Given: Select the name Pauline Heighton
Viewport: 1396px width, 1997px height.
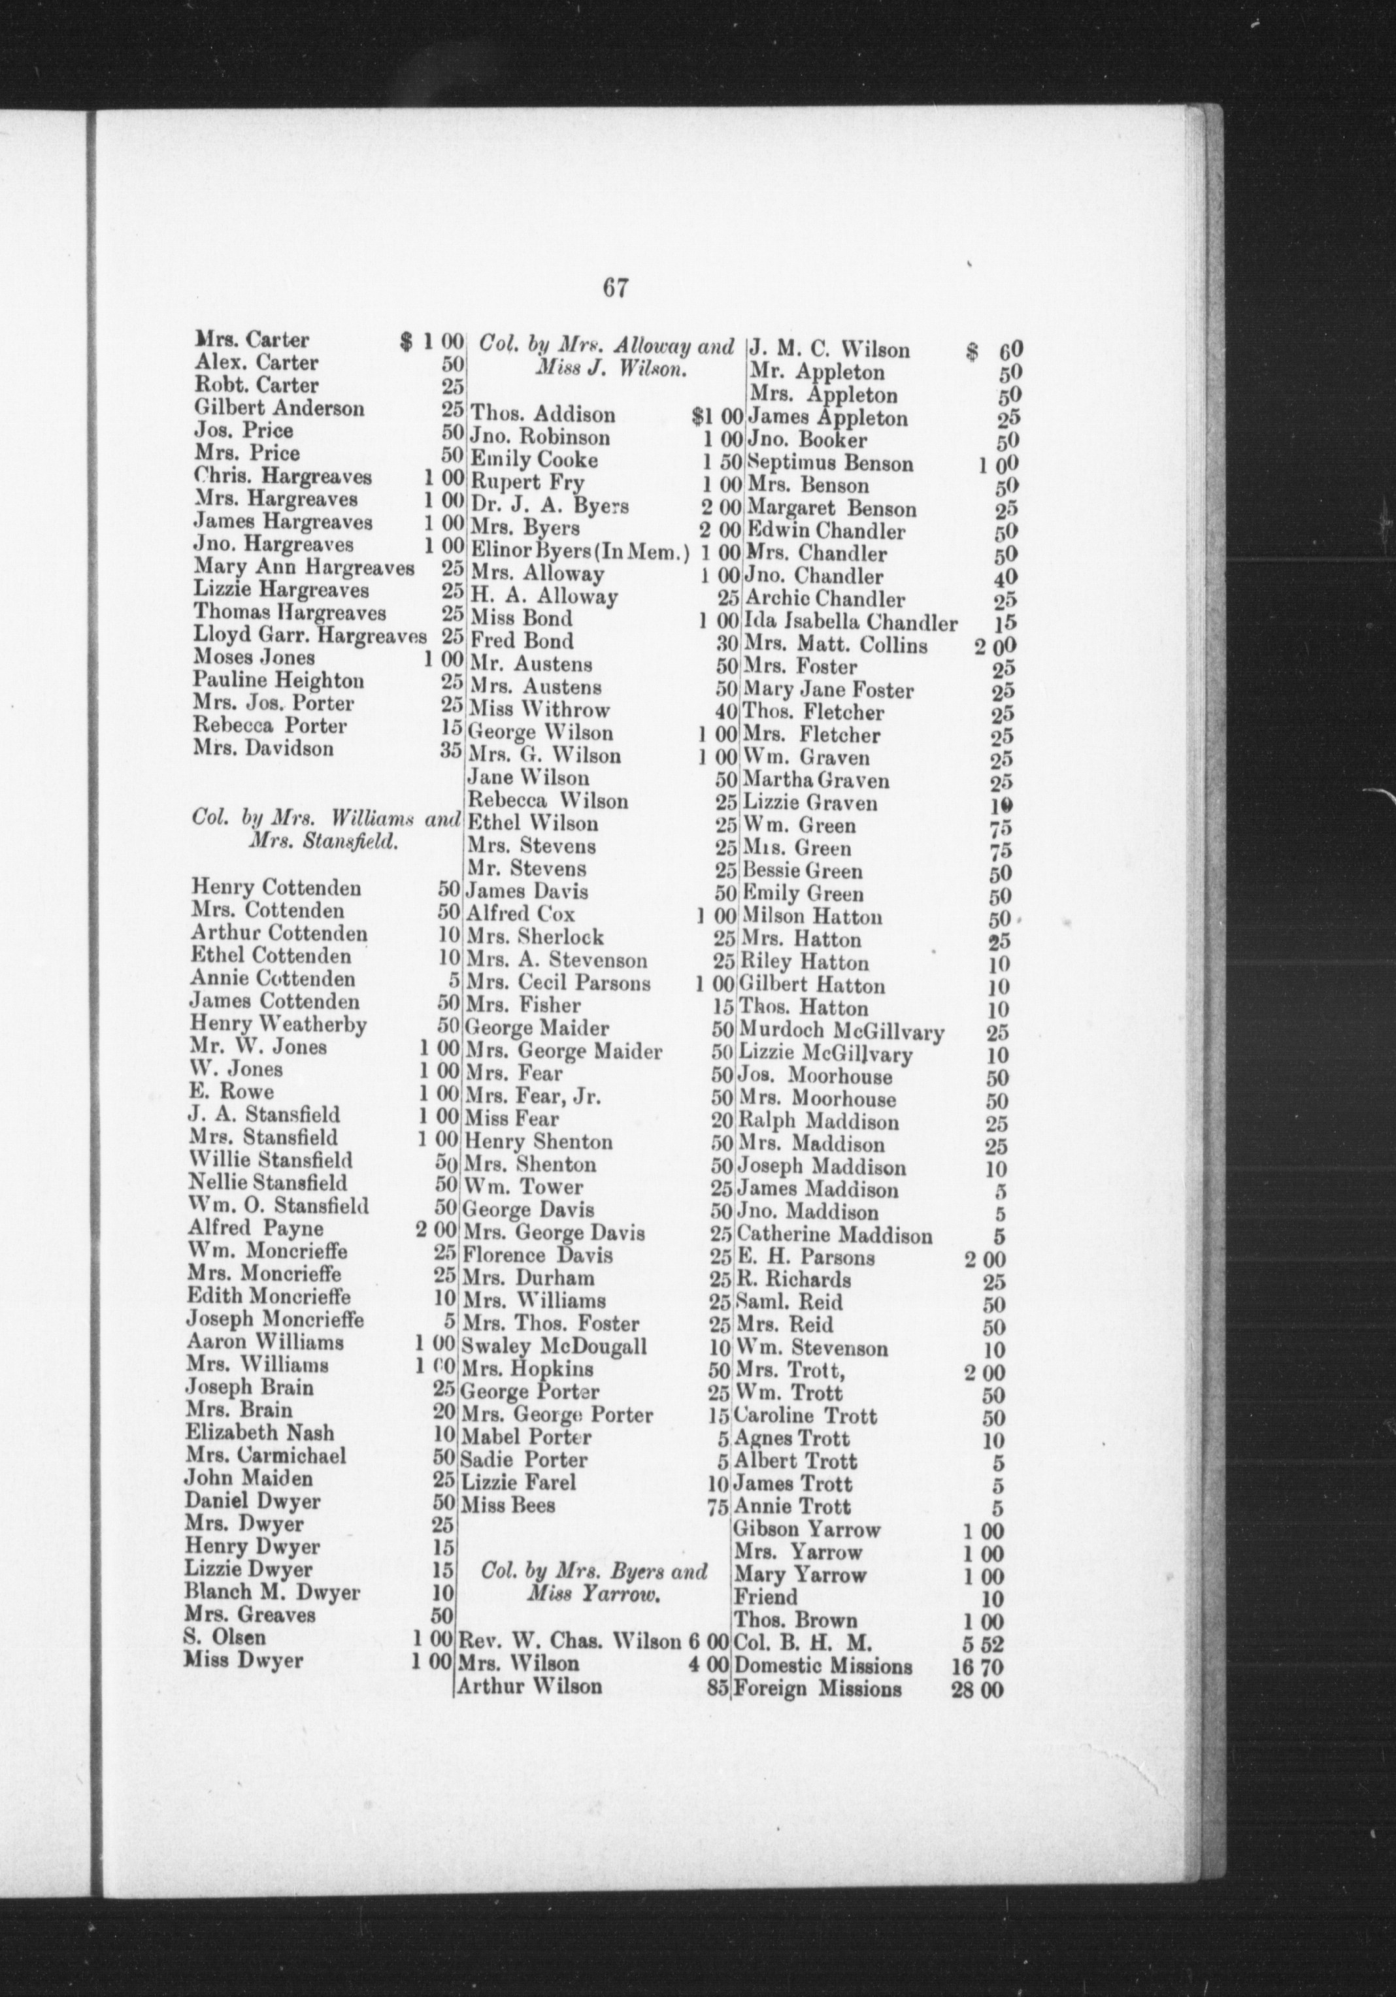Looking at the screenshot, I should coord(278,680).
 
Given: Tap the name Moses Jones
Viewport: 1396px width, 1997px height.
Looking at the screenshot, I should coord(254,657).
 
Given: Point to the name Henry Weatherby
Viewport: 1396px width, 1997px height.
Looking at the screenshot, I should coord(278,1025).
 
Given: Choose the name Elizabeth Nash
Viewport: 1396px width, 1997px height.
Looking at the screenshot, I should coord(259,1432).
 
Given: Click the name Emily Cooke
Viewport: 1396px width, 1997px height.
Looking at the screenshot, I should coord(533,460).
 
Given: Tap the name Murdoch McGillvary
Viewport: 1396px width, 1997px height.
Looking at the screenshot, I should coord(840,1032).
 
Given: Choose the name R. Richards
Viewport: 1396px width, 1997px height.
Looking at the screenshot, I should coord(793,1280).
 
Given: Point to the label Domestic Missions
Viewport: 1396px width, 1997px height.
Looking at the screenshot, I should coord(823,1666).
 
